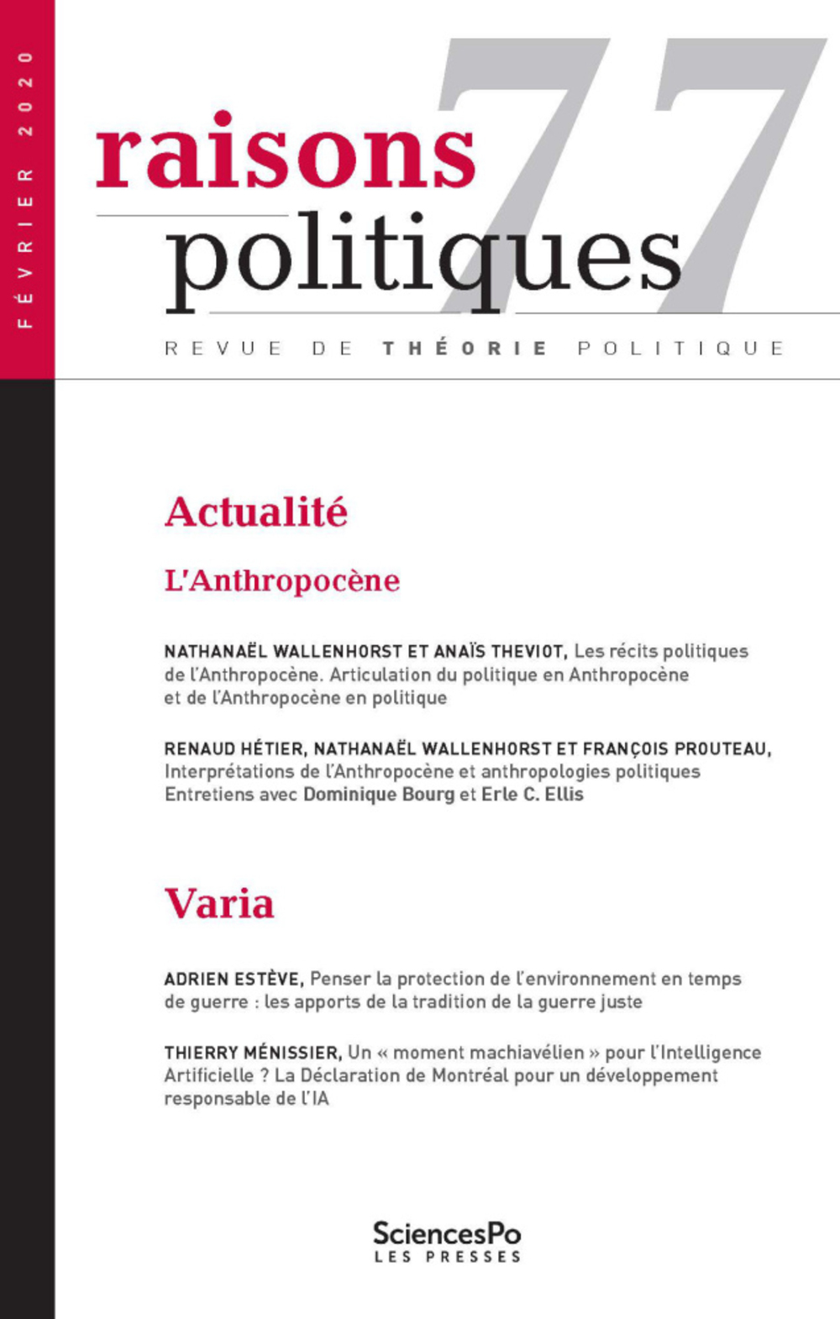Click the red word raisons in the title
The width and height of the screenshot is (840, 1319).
pos(286,153)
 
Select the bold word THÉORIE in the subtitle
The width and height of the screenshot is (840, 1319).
pos(465,349)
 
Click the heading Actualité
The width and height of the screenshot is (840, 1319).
pos(256,512)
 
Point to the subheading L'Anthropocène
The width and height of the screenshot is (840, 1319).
pos(282,581)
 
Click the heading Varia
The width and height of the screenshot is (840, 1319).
pos(219,904)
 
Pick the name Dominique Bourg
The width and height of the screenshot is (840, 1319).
pos(379,795)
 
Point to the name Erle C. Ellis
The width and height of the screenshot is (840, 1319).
pos(532,795)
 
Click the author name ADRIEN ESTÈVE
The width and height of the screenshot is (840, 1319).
pos(232,979)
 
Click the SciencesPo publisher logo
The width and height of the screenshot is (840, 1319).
pos(447,1233)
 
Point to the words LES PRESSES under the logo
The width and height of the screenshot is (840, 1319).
pos(447,1258)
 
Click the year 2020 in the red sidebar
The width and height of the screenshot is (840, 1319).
pos(26,92)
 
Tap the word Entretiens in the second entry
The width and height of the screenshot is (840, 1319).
pos(207,795)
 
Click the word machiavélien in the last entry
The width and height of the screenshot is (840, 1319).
pos(531,1053)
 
